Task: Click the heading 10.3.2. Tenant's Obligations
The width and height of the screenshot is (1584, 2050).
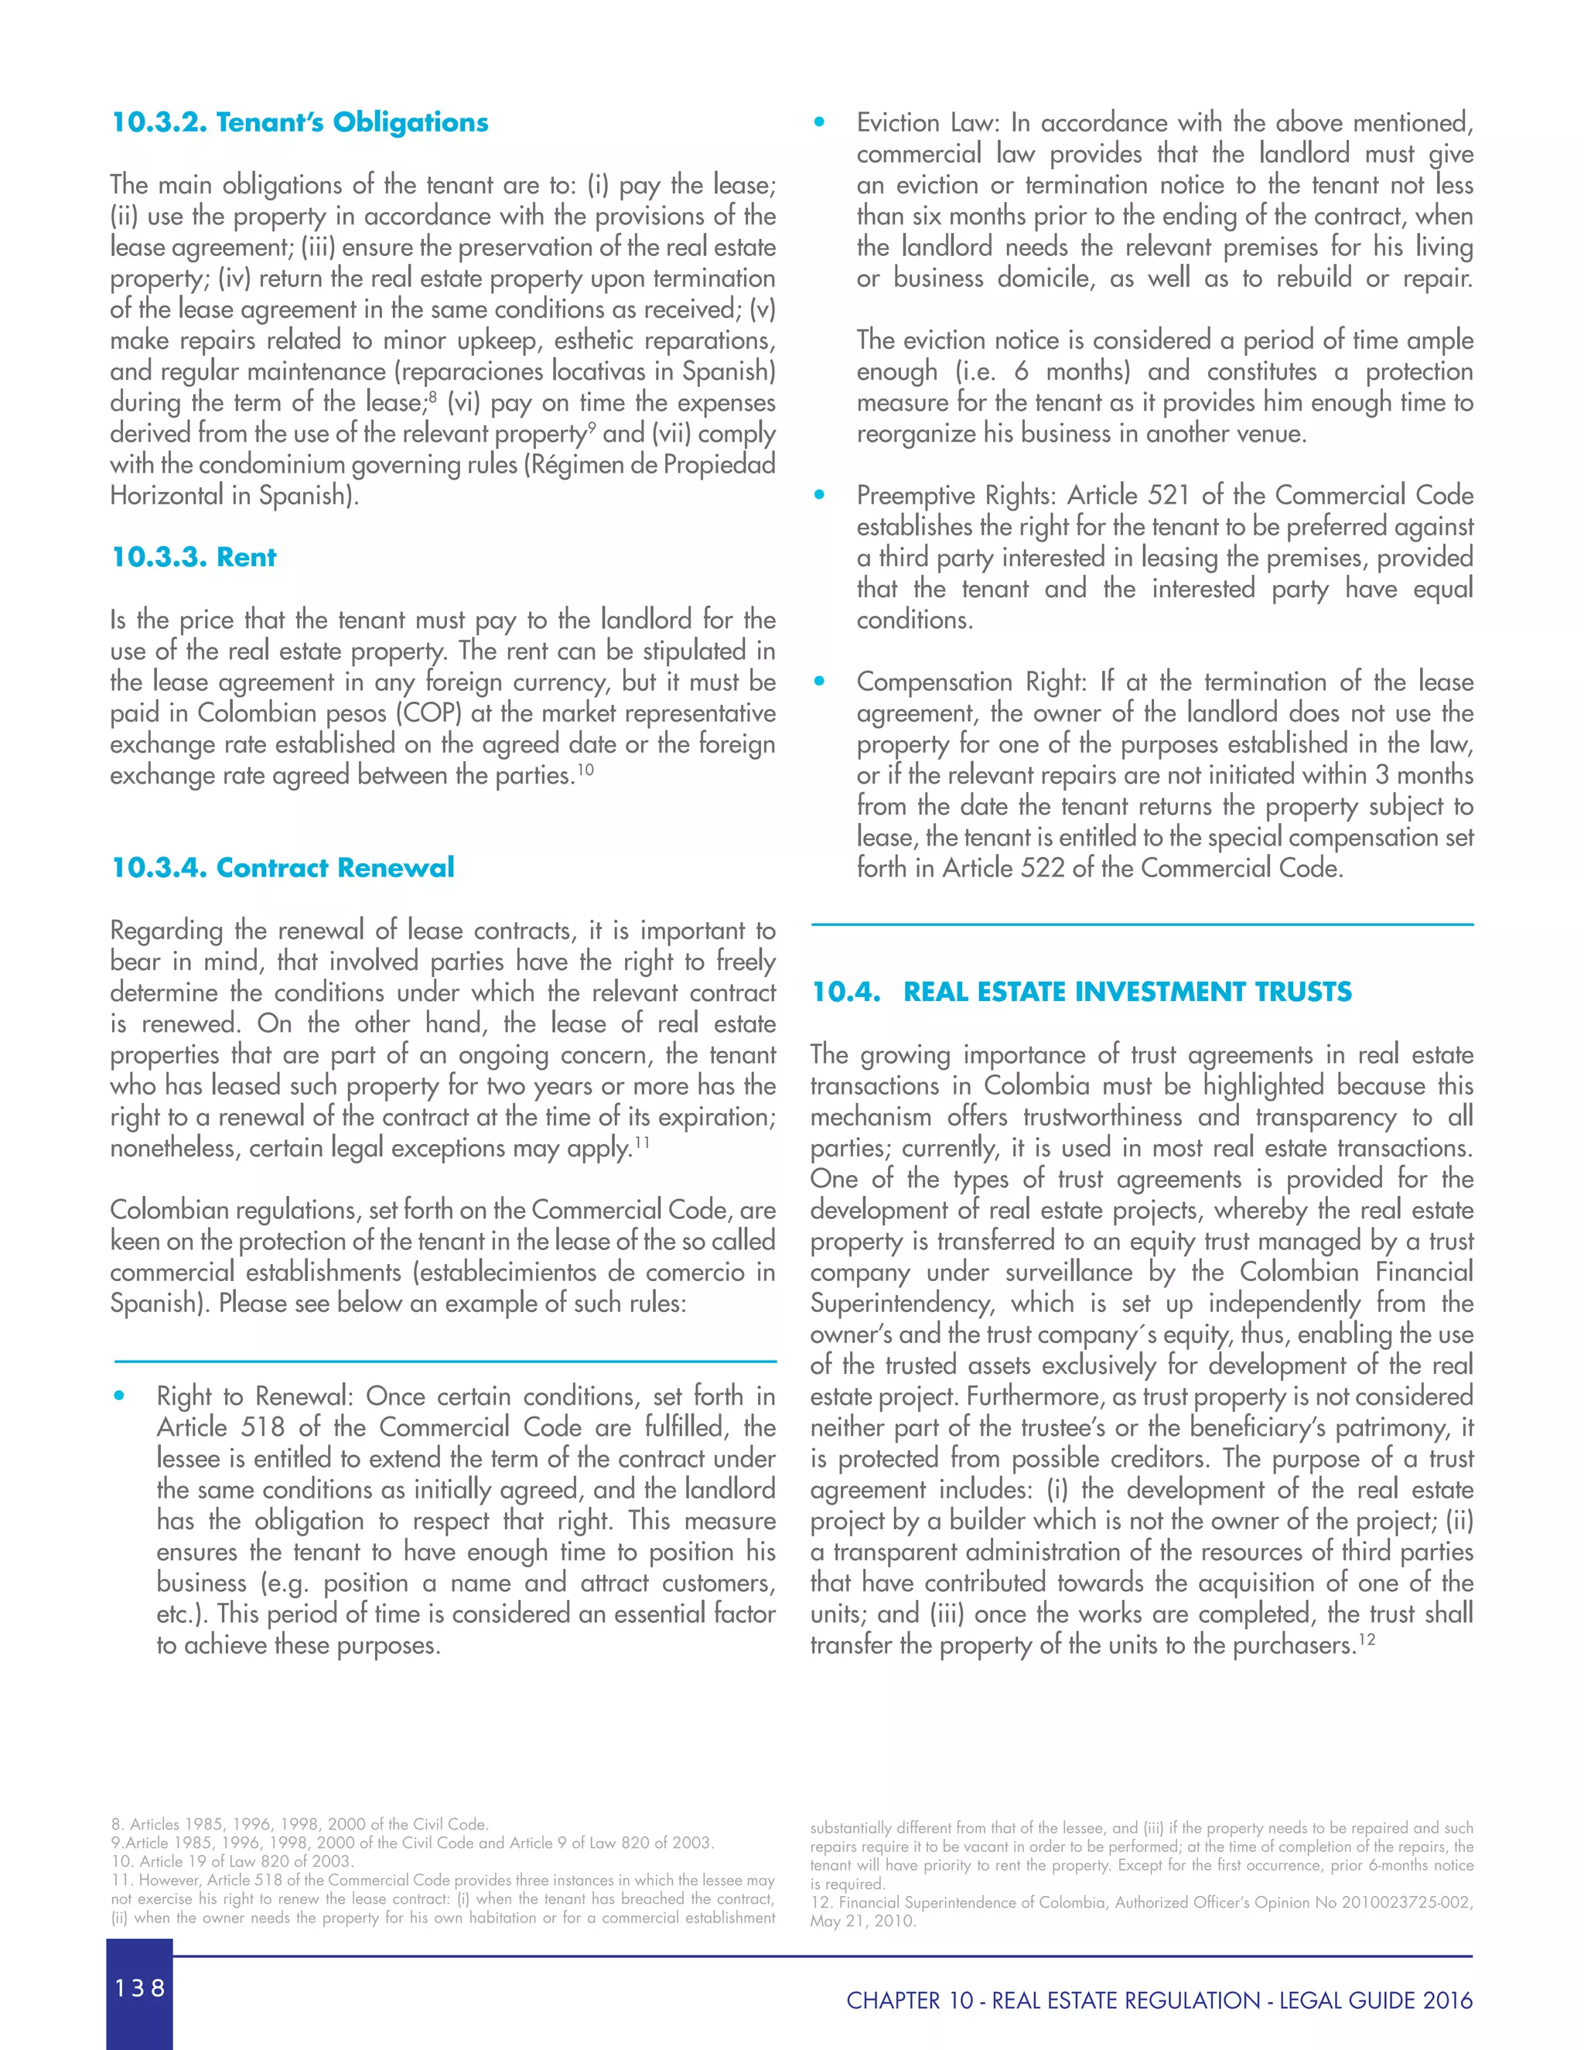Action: tap(299, 122)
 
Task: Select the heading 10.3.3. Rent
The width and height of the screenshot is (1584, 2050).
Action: tap(193, 557)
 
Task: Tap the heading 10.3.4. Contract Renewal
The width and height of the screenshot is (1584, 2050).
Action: tap(282, 866)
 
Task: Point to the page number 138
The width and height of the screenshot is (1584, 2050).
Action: tap(140, 1987)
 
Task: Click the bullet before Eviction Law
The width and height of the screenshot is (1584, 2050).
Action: tap(819, 122)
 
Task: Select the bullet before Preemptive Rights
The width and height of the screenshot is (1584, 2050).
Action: tap(819, 494)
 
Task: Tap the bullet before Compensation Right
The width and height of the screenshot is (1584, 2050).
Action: tap(819, 682)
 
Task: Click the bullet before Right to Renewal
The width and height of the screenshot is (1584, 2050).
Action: tap(119, 1396)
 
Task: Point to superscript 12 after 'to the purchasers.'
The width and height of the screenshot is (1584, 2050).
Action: tap(1367, 1639)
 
